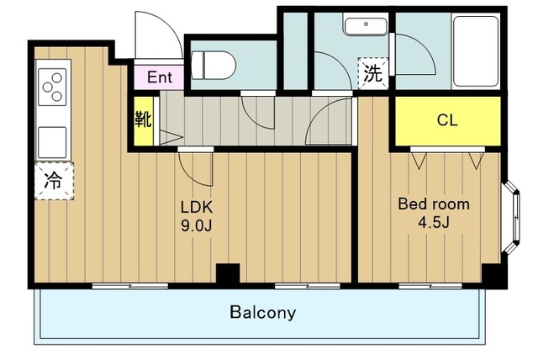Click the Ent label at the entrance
(x=160, y=77)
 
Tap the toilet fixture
(x=214, y=66)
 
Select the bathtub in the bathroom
(x=476, y=50)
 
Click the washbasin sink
(x=366, y=26)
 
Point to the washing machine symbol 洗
(x=373, y=73)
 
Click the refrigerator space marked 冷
(x=54, y=181)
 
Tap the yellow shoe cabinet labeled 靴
(x=143, y=121)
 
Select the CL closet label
(x=447, y=120)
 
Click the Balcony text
(x=263, y=312)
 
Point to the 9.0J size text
(x=197, y=225)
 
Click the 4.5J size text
(x=433, y=222)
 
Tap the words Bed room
(x=434, y=204)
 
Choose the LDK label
(x=197, y=207)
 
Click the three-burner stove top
(x=52, y=87)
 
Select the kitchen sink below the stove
(x=52, y=142)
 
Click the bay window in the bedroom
(x=511, y=217)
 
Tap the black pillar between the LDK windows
(x=228, y=273)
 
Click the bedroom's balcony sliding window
(x=430, y=285)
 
